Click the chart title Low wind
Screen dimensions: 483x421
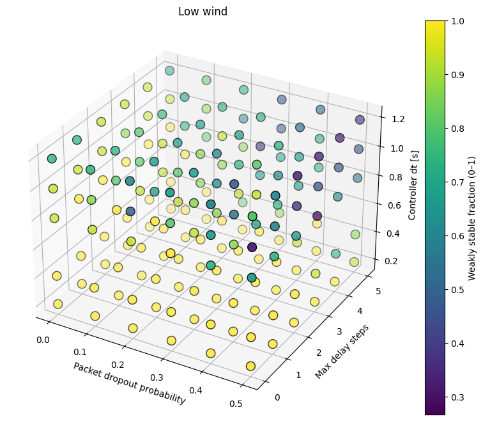203,12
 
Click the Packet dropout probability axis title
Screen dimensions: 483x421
129,383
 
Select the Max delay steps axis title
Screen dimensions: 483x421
342,352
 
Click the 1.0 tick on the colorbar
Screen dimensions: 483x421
457,21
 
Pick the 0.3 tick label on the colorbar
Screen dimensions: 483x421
457,397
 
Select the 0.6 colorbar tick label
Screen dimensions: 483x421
457,236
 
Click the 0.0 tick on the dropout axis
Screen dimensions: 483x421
43,340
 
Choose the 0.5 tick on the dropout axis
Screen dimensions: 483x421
236,404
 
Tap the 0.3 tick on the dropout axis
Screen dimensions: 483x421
157,377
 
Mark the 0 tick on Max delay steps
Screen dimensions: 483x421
277,397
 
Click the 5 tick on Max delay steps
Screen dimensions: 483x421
378,291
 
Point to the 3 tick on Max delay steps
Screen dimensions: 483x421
339,331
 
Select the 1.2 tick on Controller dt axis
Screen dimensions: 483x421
398,119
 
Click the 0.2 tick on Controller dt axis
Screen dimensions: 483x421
391,261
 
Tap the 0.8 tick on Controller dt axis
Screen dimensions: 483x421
395,177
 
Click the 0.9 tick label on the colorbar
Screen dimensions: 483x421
457,75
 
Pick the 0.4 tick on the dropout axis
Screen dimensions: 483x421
196,390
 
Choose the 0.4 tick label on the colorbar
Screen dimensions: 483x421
457,344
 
